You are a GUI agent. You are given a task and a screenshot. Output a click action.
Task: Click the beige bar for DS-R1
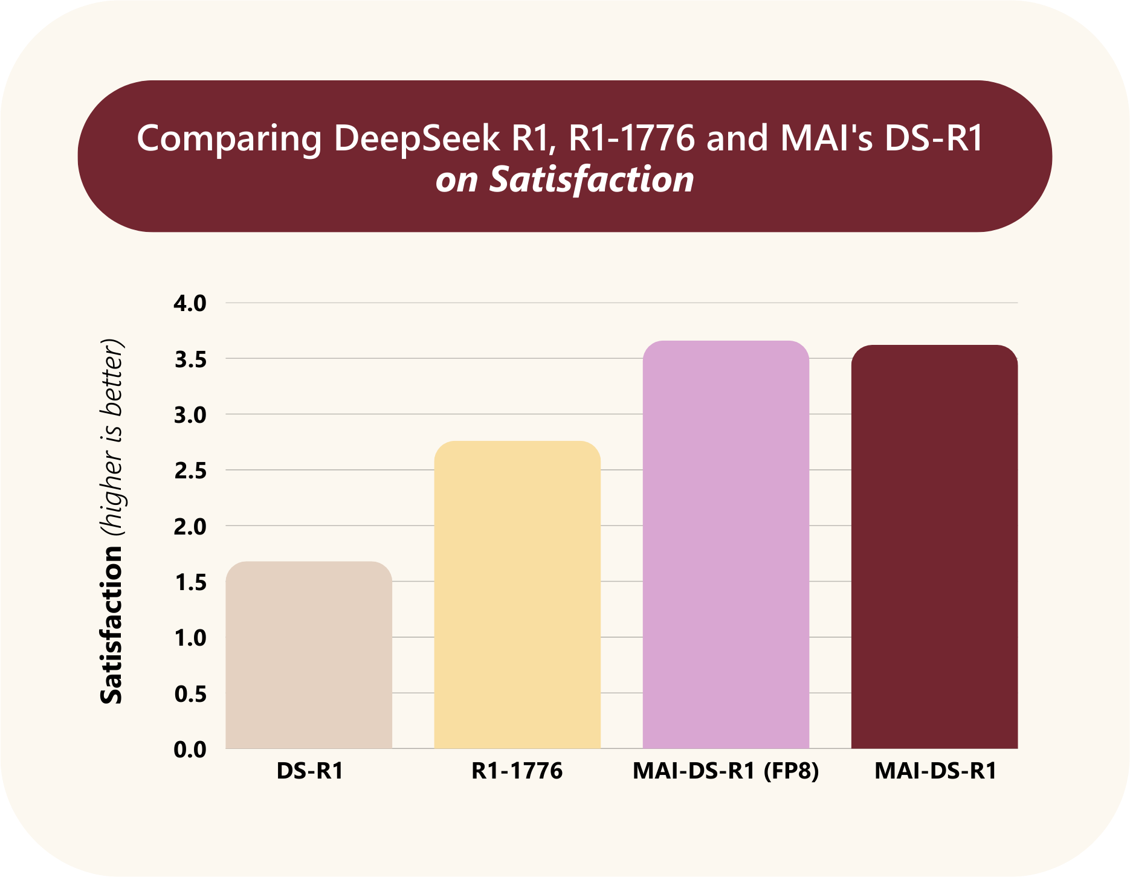[309, 655]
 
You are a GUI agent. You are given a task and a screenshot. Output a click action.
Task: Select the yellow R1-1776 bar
[517, 595]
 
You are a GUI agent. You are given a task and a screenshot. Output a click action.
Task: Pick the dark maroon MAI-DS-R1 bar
[934, 547]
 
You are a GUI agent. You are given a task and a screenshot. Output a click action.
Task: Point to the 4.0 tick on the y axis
[190, 303]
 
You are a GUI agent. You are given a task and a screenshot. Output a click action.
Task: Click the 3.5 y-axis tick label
[190, 359]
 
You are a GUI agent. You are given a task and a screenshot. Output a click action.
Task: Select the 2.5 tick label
[190, 471]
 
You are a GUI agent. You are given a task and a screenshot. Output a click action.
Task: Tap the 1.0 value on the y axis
[190, 638]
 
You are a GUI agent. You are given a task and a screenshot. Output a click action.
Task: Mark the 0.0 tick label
[190, 750]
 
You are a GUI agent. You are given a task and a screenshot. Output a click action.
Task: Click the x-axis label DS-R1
[309, 771]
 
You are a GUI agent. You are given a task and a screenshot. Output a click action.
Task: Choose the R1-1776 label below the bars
[517, 771]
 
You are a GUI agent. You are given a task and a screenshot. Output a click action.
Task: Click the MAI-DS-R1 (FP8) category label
[726, 771]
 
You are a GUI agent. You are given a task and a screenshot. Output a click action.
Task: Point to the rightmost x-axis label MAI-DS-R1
[935, 771]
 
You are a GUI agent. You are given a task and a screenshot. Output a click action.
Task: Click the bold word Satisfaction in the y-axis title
[112, 625]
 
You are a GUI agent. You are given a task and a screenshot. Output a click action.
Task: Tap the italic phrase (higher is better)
[112, 438]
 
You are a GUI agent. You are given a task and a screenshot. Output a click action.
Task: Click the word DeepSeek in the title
[417, 138]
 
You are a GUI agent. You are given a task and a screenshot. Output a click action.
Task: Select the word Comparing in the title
[230, 139]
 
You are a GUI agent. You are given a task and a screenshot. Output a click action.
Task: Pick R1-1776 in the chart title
[631, 138]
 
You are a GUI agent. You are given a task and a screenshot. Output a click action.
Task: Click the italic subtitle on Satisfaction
[564, 179]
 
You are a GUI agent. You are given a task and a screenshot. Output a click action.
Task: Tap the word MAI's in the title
[826, 138]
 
